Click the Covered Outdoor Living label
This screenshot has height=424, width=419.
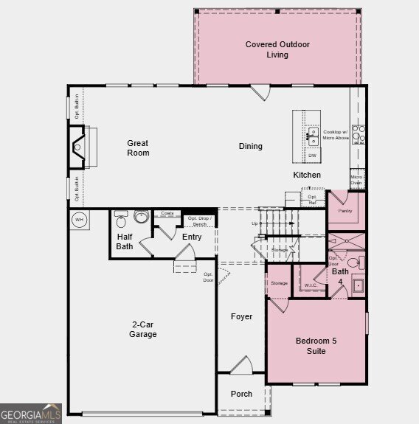(x=277, y=49)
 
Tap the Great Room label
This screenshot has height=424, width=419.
(x=138, y=148)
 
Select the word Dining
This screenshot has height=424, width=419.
(x=250, y=146)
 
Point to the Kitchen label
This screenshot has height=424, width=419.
(x=307, y=175)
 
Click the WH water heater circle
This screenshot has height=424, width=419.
(x=79, y=219)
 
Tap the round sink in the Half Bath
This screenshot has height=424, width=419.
(x=142, y=217)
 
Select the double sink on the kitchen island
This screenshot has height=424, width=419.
(x=313, y=136)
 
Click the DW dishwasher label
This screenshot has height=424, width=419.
(x=313, y=156)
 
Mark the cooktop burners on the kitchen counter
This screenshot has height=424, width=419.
(x=358, y=133)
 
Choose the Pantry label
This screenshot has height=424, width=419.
(x=345, y=211)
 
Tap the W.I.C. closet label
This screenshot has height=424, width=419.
(x=311, y=285)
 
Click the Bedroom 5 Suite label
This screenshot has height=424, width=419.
(x=316, y=346)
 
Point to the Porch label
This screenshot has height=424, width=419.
(x=240, y=394)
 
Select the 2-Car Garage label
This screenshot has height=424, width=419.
(x=143, y=330)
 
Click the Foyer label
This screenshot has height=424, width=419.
(x=241, y=316)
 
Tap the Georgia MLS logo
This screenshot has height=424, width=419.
(x=30, y=414)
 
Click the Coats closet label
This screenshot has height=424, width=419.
(x=167, y=213)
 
